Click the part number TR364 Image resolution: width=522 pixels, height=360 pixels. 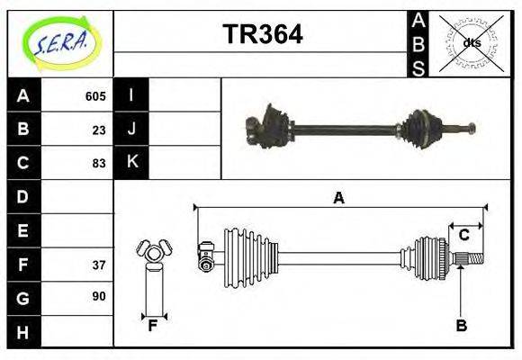pos(262,35)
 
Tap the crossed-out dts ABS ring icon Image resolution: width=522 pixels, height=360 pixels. pos(470,43)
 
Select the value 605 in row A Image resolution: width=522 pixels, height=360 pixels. pos(95,96)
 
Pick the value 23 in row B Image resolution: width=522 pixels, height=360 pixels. pos(99,130)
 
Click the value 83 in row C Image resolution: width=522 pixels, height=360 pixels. pos(99,163)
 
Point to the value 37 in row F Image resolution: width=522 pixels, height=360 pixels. pos(99,265)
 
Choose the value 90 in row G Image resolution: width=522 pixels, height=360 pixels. pos(99,296)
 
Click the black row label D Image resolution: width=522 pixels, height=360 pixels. pos(23,196)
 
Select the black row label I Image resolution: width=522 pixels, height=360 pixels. pos(132,95)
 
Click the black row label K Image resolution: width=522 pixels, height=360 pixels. pos(132,162)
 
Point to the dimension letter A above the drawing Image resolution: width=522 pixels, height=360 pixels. pos(338,198)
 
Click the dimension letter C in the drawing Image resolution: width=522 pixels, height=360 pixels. pos(464,235)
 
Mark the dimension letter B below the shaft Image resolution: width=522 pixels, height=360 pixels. pos(461,326)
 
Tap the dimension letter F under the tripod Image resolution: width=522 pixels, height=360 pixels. pos(153,326)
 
